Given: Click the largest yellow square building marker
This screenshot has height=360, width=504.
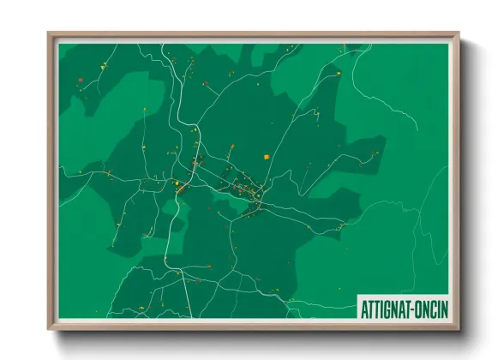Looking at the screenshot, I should coord(267,156).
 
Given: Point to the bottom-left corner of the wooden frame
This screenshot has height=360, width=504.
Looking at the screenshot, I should coord(49,330).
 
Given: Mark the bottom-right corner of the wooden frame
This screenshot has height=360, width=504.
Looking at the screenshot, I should coord(459,330).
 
